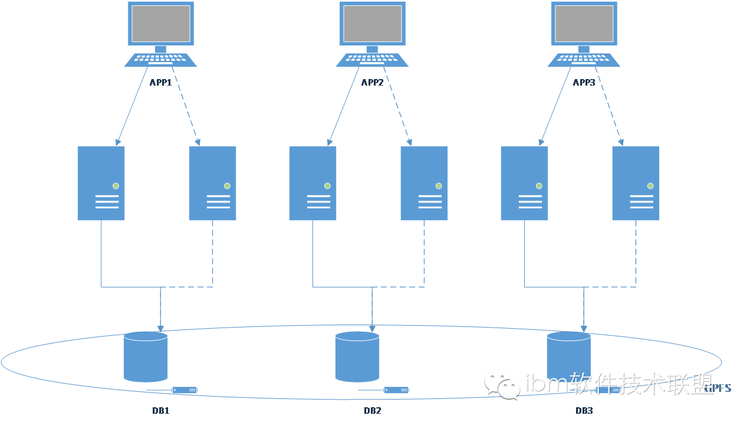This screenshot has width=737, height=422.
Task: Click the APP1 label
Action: [x=160, y=83]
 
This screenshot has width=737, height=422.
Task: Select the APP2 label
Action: [x=372, y=83]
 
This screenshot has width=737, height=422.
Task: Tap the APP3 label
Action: [x=584, y=83]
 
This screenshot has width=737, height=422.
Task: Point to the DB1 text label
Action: [x=160, y=410]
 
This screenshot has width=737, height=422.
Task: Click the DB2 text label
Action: [x=372, y=410]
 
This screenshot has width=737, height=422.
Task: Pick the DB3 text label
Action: [x=584, y=410]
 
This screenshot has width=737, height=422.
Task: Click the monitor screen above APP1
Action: [x=160, y=24]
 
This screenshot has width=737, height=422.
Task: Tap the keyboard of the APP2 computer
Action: [x=372, y=60]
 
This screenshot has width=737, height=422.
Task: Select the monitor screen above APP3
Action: [x=584, y=24]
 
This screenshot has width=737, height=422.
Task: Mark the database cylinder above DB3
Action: [x=568, y=354]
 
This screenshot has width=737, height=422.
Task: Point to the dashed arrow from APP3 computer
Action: [x=610, y=106]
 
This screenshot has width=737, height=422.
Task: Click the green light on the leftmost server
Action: [x=116, y=186]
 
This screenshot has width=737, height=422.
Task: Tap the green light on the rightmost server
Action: [x=650, y=186]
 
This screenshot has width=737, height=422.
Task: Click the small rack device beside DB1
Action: [x=185, y=390]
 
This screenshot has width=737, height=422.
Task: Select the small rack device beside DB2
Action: [x=396, y=390]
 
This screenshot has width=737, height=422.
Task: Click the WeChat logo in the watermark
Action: [x=502, y=385]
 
